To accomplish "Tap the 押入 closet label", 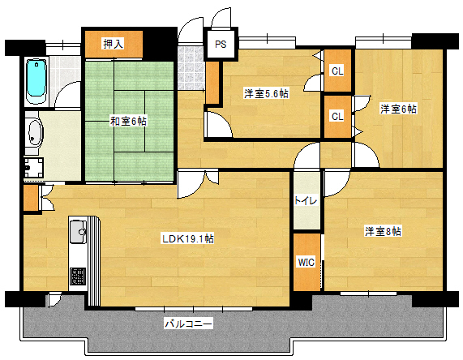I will point(114,44).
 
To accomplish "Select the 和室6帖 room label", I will point(128,122).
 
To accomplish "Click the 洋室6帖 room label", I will point(398,108).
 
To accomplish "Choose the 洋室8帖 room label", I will point(383,232).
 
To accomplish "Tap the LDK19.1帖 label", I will point(187,238).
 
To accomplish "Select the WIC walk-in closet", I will point(306,263).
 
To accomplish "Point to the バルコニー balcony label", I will point(188,324).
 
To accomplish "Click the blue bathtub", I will point(36,79).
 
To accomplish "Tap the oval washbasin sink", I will point(34,132).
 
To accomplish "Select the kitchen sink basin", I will point(79,232).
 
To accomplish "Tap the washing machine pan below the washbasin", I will point(34,167).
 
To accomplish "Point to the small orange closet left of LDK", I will point(31,199).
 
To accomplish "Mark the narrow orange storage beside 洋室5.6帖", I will point(212,81).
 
